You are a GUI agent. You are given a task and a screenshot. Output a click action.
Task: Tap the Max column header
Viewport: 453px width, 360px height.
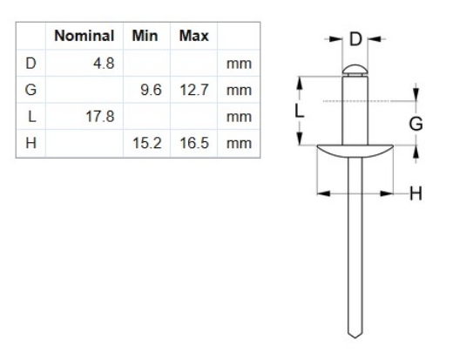[x=193, y=37]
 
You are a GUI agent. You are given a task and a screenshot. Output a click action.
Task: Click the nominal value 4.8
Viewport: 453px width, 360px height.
[x=103, y=64]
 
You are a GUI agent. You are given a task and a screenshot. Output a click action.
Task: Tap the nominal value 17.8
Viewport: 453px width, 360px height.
[x=99, y=116]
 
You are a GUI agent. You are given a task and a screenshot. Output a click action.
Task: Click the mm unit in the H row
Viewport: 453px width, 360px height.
[x=234, y=142]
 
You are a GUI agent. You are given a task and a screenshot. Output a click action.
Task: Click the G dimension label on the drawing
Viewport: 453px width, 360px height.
[x=416, y=124]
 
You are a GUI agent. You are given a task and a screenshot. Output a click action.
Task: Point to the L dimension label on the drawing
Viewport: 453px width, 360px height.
[x=297, y=112]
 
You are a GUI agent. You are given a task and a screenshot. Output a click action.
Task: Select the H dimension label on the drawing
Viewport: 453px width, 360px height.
[x=416, y=193]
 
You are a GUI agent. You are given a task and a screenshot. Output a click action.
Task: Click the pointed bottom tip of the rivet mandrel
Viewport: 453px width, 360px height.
[x=354, y=336]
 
